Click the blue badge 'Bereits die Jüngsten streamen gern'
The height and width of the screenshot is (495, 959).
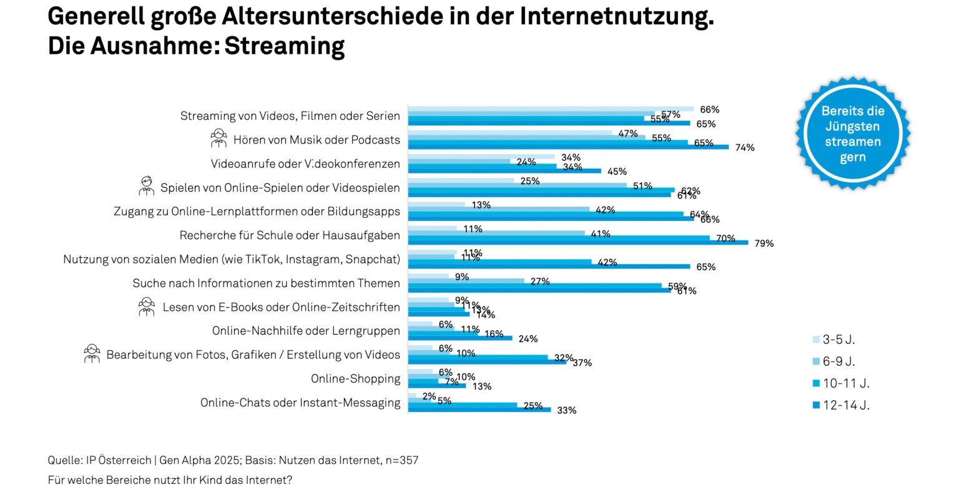(852, 134)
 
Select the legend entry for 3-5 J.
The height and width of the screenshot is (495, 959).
(834, 340)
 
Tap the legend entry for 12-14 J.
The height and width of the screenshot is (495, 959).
(840, 405)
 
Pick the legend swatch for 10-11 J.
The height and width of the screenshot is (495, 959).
(816, 383)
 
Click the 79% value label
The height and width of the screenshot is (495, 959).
(764, 243)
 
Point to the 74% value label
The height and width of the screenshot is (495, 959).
(744, 148)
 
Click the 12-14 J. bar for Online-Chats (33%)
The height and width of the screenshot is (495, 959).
(479, 410)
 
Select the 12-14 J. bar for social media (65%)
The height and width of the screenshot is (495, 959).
(549, 267)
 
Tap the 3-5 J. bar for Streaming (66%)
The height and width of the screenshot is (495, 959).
(550, 109)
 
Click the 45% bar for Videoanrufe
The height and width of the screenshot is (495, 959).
(504, 171)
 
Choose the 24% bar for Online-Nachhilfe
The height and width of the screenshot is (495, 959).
(460, 338)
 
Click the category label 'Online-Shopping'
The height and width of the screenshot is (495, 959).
(355, 379)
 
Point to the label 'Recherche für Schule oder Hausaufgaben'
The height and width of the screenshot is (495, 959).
(290, 235)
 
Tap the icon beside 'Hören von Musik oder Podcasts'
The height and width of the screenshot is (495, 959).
(219, 138)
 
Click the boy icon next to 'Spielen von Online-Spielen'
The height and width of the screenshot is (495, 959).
(147, 186)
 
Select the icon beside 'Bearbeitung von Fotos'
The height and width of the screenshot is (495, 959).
(92, 354)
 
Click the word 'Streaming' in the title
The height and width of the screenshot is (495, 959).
(284, 46)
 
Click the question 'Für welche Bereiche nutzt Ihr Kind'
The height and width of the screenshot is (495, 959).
(170, 481)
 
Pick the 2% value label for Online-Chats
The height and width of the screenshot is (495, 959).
(429, 396)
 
